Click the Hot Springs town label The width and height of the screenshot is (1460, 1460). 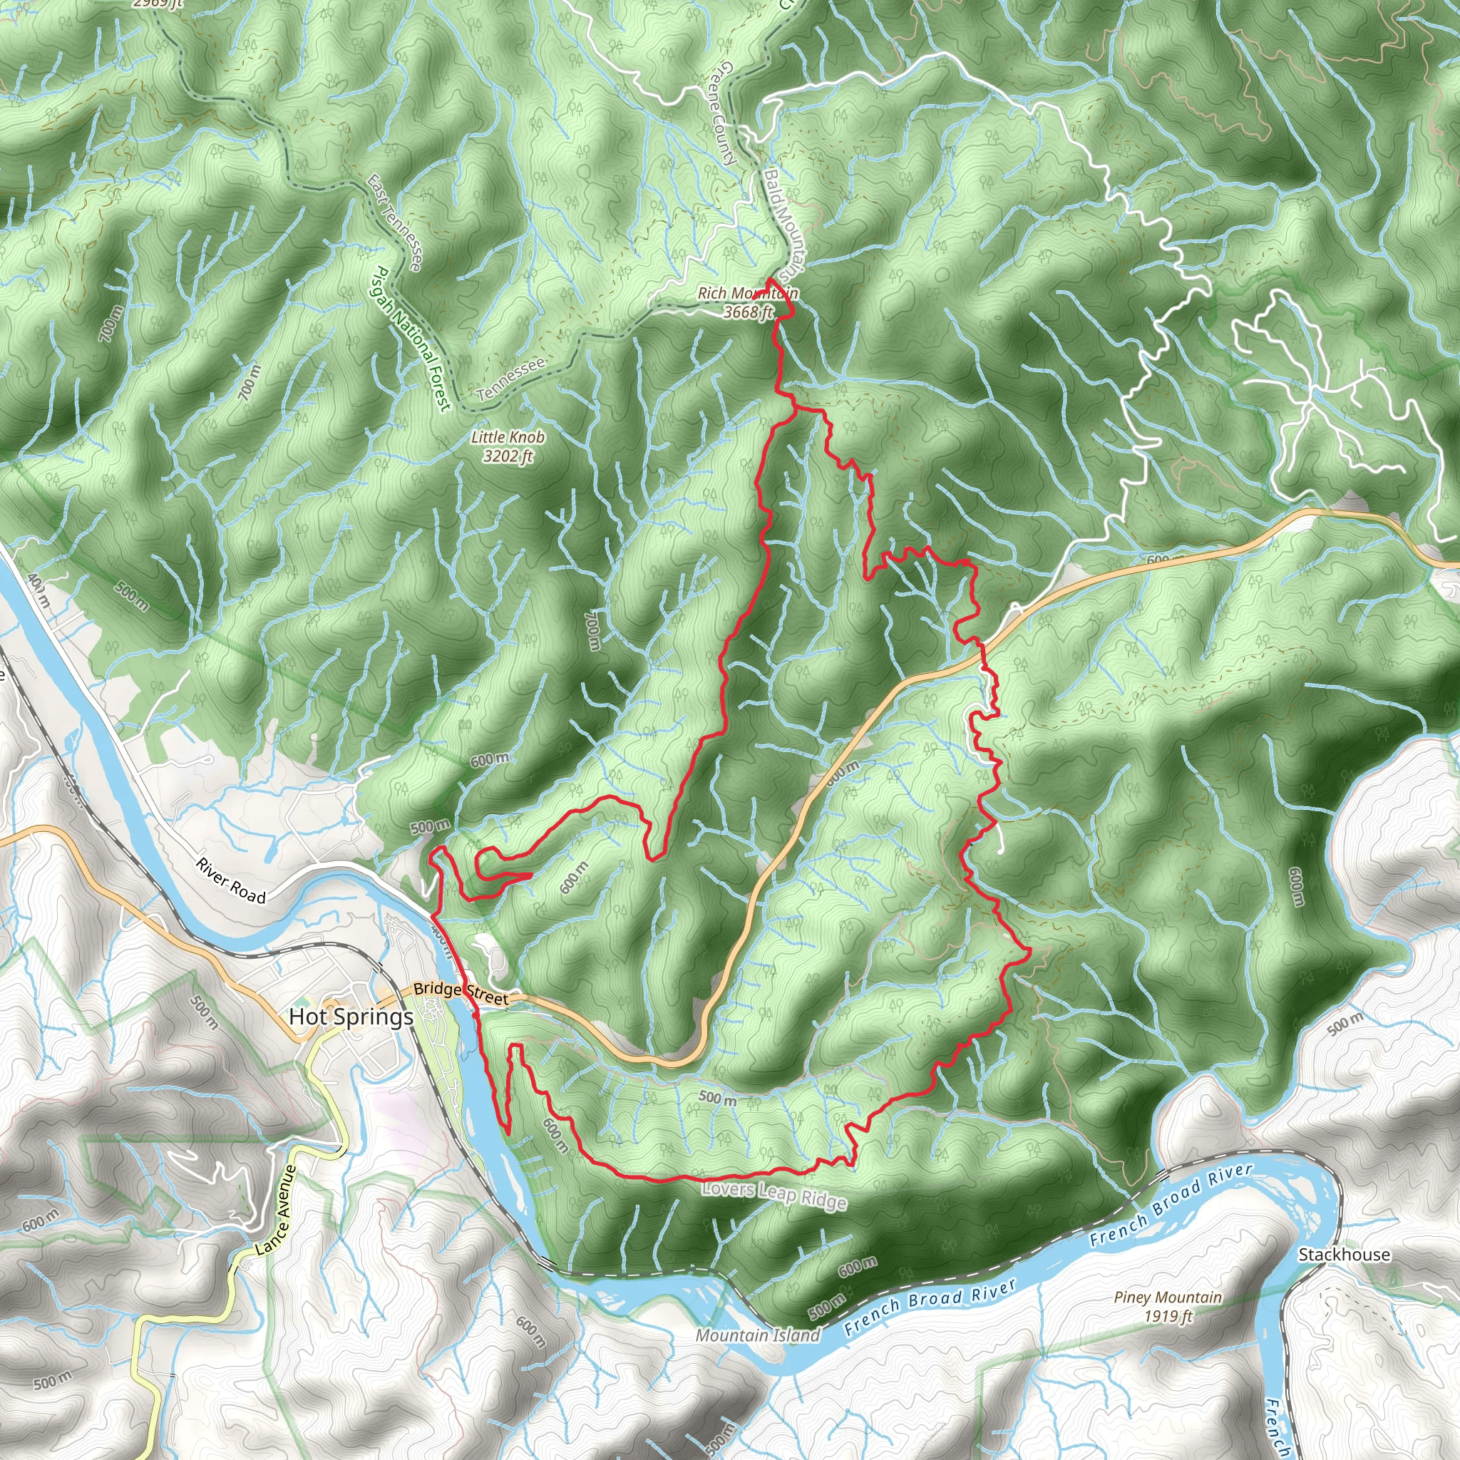pos(351,1017)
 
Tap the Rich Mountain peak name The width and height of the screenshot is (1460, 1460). pos(747,293)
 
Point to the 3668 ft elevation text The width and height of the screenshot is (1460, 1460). pos(748,312)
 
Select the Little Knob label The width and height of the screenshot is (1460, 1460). pos(508,437)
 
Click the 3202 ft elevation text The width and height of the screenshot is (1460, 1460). pos(508,456)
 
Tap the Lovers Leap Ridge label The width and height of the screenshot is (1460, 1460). pos(773,1195)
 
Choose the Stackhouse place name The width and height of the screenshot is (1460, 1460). pos(1344,1255)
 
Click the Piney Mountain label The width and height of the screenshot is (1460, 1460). pos(1168,1297)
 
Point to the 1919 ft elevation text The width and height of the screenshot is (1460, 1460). pos(1168,1316)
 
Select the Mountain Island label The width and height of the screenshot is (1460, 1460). pos(757,1335)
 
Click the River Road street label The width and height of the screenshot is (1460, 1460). pos(231,881)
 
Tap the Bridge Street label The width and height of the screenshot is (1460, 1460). pos(461,993)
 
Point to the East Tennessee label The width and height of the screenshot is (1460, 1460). pos(394,223)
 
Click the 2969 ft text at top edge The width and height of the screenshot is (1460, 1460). pos(156,4)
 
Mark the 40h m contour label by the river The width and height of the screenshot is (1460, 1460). pos(38,590)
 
